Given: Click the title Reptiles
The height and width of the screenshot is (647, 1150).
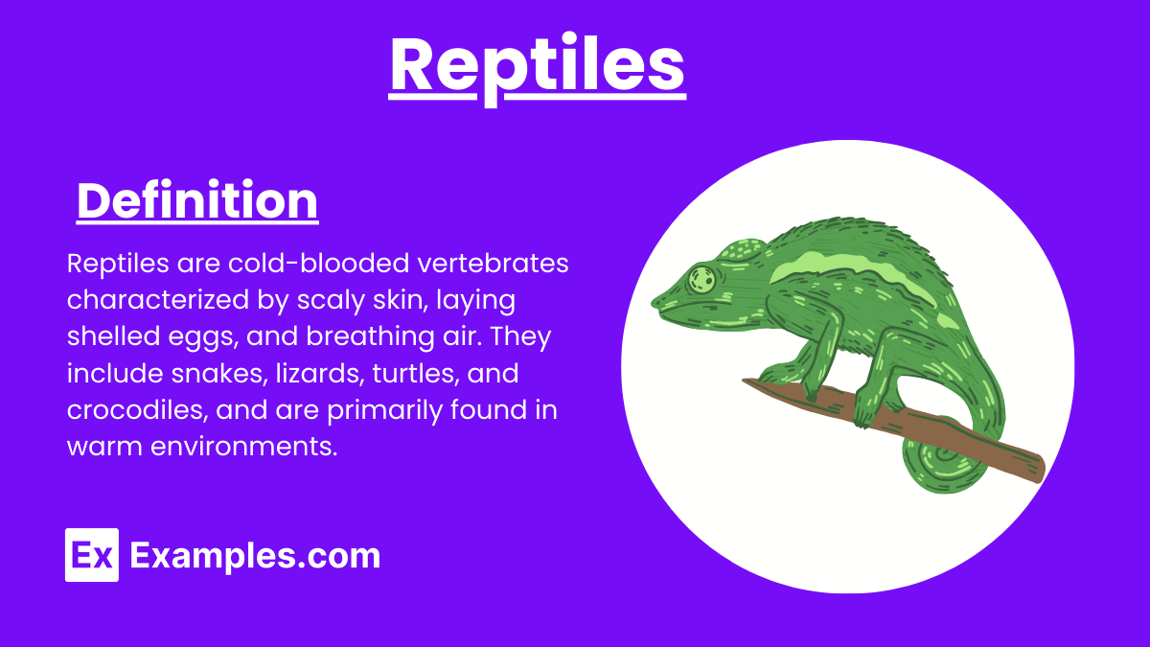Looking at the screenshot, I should [537, 65].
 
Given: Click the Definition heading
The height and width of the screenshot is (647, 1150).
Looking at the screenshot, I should [197, 201].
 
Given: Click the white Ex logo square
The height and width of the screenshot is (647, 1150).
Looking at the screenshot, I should [92, 555].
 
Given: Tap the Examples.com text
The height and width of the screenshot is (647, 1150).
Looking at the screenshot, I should [255, 556].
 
